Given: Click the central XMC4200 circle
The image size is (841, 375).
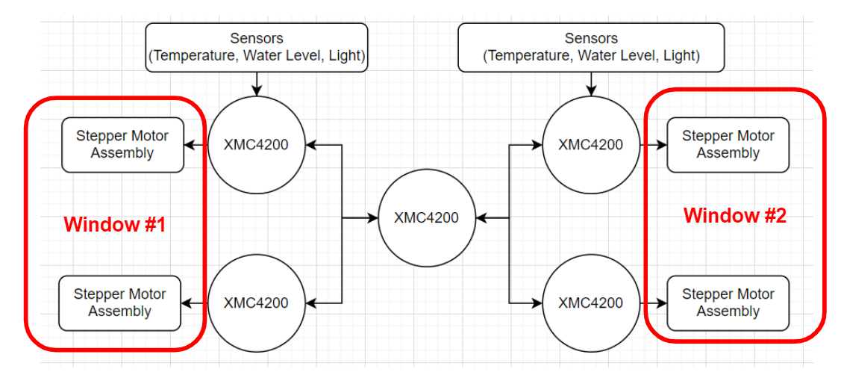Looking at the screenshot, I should [x=426, y=218].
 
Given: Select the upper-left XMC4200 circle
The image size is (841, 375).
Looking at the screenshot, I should [x=256, y=144].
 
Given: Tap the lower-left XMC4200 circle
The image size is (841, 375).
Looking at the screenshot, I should [x=256, y=303].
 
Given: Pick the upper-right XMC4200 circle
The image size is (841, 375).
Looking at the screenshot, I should [x=590, y=144].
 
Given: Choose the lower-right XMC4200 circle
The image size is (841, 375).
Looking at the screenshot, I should [x=590, y=303].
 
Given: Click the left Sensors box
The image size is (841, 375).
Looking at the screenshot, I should [x=257, y=47].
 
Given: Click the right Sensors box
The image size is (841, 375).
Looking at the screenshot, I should [x=591, y=47].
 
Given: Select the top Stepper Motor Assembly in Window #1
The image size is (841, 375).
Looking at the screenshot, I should [x=122, y=145].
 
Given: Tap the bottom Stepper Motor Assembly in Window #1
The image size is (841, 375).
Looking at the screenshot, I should [x=119, y=303].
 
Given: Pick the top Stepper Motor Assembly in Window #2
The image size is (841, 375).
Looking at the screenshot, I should [x=728, y=145].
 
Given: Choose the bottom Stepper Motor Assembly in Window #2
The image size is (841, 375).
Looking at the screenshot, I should [x=728, y=303].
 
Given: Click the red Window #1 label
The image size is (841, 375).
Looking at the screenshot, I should [x=114, y=225].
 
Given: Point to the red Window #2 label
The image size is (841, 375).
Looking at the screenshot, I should [x=735, y=216].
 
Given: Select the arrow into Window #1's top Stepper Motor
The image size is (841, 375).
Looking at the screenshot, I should [x=196, y=145].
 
